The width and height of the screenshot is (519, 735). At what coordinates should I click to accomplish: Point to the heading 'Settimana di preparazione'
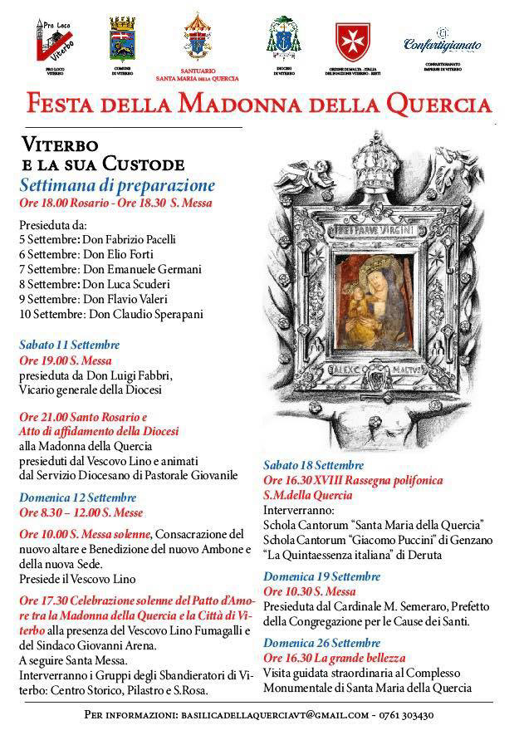(117, 184)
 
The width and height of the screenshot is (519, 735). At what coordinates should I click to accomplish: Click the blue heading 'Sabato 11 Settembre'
(70, 344)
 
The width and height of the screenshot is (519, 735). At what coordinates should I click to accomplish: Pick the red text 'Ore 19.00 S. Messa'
(66, 360)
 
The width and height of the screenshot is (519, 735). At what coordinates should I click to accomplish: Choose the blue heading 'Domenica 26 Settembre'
(321, 642)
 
